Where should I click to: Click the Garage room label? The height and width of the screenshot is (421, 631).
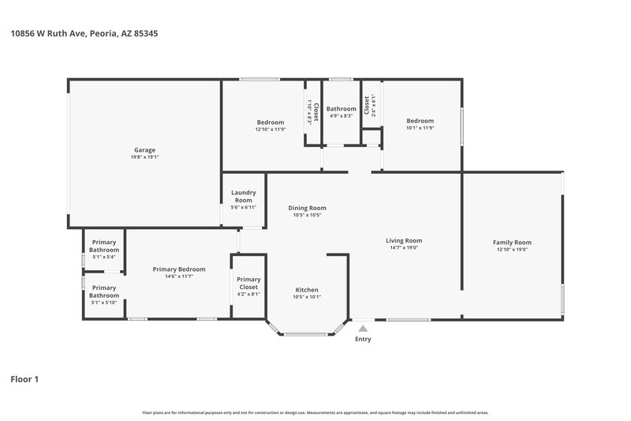[x=144, y=150]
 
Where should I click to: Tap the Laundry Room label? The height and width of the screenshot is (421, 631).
[x=243, y=196]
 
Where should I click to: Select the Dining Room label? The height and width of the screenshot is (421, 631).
[x=307, y=208]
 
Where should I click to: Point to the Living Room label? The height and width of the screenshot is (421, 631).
[x=404, y=240]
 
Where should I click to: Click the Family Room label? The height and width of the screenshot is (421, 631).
[x=512, y=242]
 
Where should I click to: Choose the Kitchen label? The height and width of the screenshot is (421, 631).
[x=307, y=289]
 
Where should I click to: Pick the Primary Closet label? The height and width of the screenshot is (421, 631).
[x=248, y=283]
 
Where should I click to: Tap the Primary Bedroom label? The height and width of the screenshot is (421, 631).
[x=179, y=269]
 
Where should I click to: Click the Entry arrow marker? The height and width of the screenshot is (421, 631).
[x=363, y=328]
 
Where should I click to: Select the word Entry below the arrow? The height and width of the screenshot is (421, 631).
[x=363, y=340]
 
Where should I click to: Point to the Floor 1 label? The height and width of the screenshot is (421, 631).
[x=24, y=379]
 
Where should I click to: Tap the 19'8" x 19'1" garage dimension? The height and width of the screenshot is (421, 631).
[x=144, y=157]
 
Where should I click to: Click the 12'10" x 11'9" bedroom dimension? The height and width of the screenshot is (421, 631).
[x=271, y=130]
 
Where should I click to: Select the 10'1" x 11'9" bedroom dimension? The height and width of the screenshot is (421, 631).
[x=420, y=128]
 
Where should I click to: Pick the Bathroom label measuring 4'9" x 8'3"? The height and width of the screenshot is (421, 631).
[x=341, y=109]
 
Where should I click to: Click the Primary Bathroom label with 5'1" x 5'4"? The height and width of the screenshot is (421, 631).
[x=104, y=246]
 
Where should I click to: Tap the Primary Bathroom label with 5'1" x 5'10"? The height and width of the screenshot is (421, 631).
[x=104, y=291]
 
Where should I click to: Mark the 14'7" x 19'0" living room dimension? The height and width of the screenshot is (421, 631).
[x=404, y=248]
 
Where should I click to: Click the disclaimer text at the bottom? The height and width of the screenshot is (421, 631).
[x=315, y=412]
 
